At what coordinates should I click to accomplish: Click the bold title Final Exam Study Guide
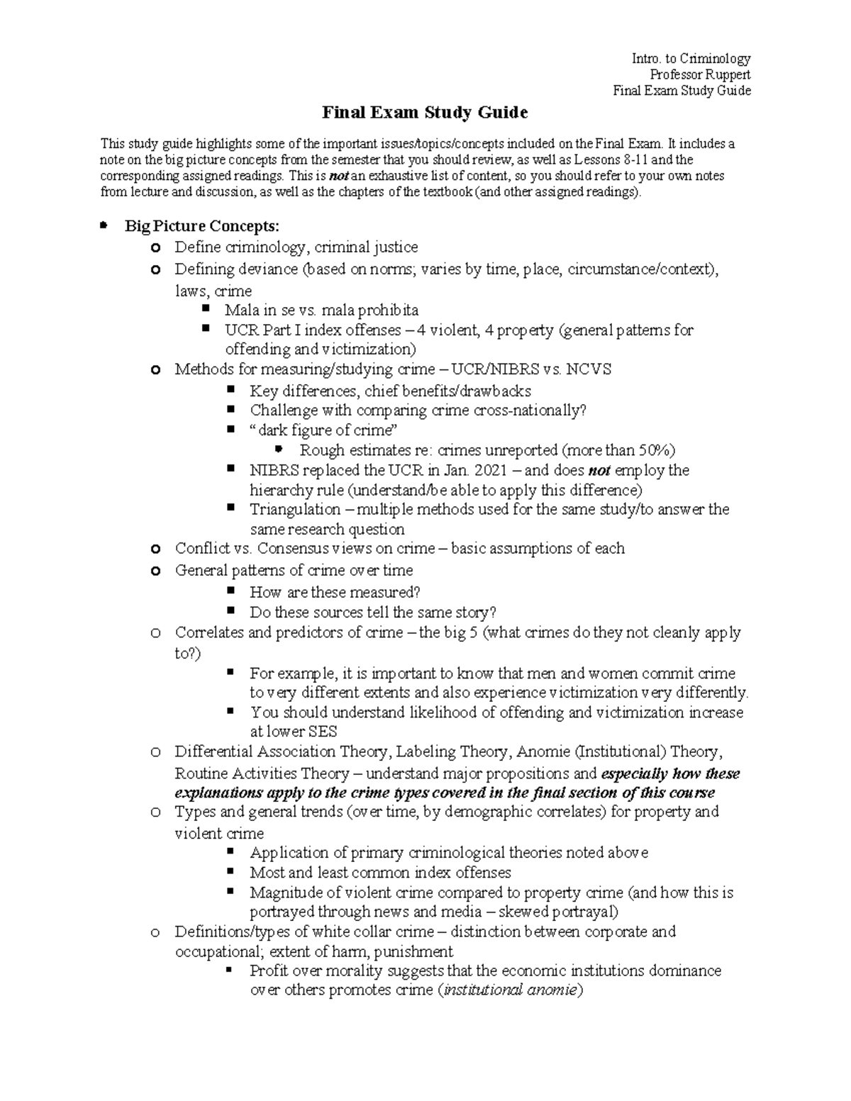425,113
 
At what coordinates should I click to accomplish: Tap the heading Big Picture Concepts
202,226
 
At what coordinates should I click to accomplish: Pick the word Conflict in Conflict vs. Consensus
200,548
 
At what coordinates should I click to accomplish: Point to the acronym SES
322,732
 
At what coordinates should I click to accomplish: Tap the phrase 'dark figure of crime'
323,430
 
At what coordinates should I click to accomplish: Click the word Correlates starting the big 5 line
209,632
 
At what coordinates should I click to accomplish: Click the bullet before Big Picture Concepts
104,225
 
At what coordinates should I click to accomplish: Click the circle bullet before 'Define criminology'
155,247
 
